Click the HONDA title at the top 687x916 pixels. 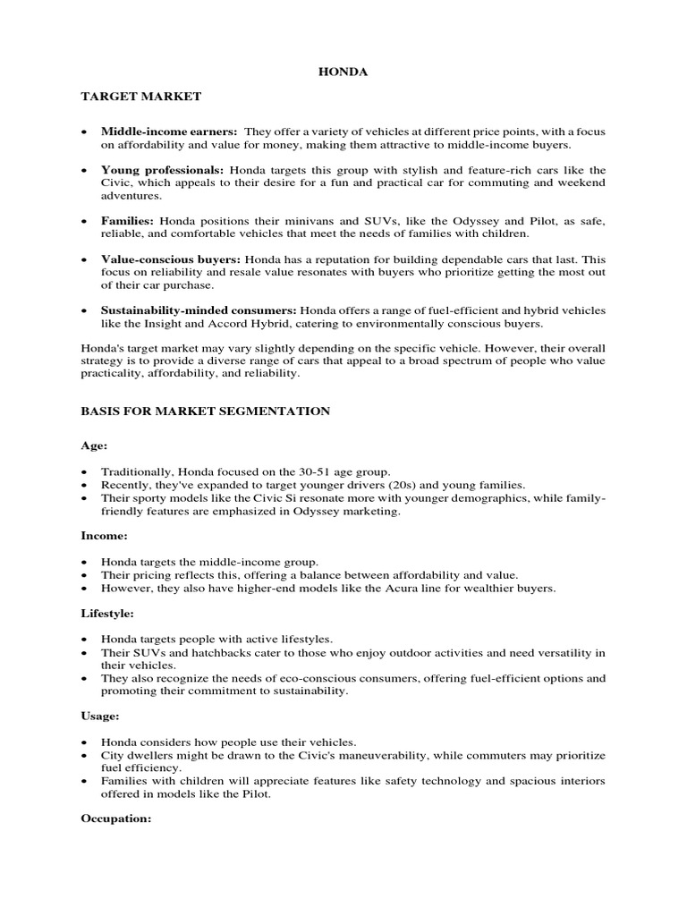click(343, 72)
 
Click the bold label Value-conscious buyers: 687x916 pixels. click(165, 259)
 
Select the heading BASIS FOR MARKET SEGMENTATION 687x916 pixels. click(205, 411)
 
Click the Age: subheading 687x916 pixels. click(93, 445)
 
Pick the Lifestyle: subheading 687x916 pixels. click(108, 614)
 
